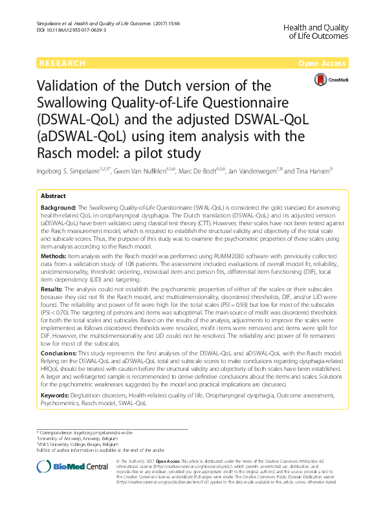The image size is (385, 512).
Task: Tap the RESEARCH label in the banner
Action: [x=62, y=63]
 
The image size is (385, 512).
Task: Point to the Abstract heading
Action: [x=53, y=195]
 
